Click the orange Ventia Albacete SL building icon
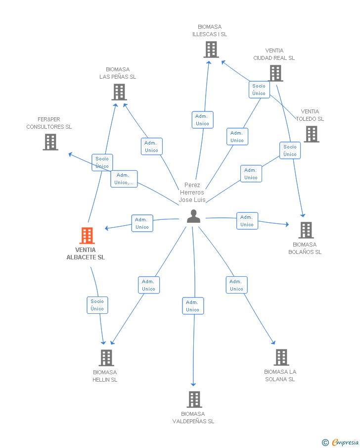[x=87, y=236]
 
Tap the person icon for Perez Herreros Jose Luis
[x=193, y=216]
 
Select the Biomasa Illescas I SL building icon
[x=211, y=50]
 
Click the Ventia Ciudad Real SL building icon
[x=275, y=73]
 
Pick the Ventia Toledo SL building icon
[x=311, y=134]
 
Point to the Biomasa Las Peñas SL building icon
[x=119, y=92]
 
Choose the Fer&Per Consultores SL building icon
[x=50, y=142]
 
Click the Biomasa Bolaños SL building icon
[x=306, y=230]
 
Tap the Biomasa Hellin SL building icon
[x=106, y=357]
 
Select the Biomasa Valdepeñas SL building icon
[x=194, y=399]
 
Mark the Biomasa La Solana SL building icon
[x=281, y=357]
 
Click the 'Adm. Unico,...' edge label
[x=124, y=179]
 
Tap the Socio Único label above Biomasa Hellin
[x=97, y=305]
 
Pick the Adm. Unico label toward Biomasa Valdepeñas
[x=192, y=306]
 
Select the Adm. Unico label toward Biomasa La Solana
[x=236, y=285]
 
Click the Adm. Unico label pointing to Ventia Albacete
[x=142, y=223]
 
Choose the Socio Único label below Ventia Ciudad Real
[x=259, y=90]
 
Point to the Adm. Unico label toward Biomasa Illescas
[x=202, y=120]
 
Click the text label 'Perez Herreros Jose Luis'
[x=191, y=193]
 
